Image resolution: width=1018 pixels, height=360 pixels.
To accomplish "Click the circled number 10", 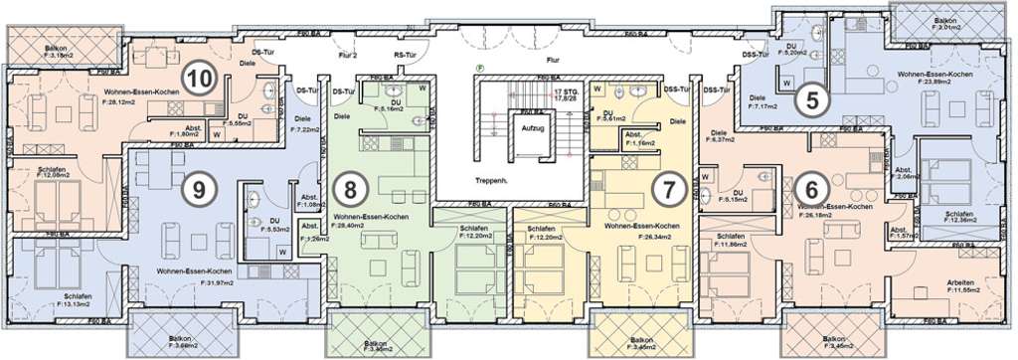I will point(200,77).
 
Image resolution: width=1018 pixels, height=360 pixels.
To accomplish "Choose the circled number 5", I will point(813,98).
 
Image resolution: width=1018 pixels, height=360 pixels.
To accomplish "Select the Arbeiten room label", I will point(960,281).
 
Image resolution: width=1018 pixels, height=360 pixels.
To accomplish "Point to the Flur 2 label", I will point(347,56).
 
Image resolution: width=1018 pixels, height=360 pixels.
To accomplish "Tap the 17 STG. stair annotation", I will point(566,90).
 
